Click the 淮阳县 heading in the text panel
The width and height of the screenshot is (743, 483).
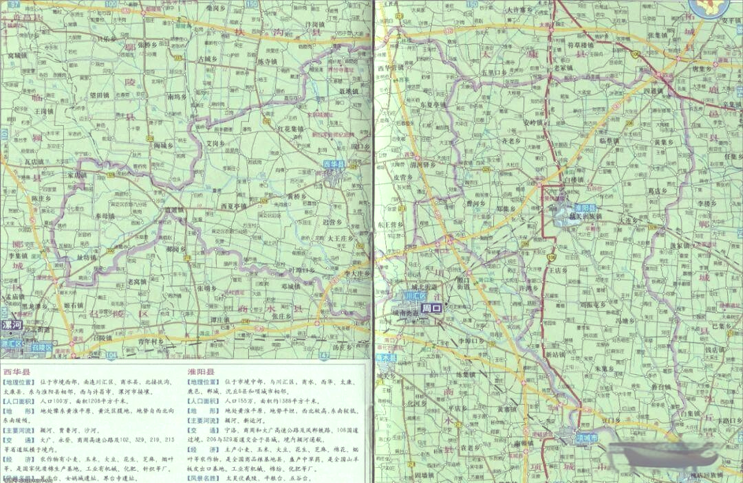pos(201,371)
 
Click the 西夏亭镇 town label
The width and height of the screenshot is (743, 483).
pos(233,205)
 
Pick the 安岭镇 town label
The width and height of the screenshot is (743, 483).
pos(533,123)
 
